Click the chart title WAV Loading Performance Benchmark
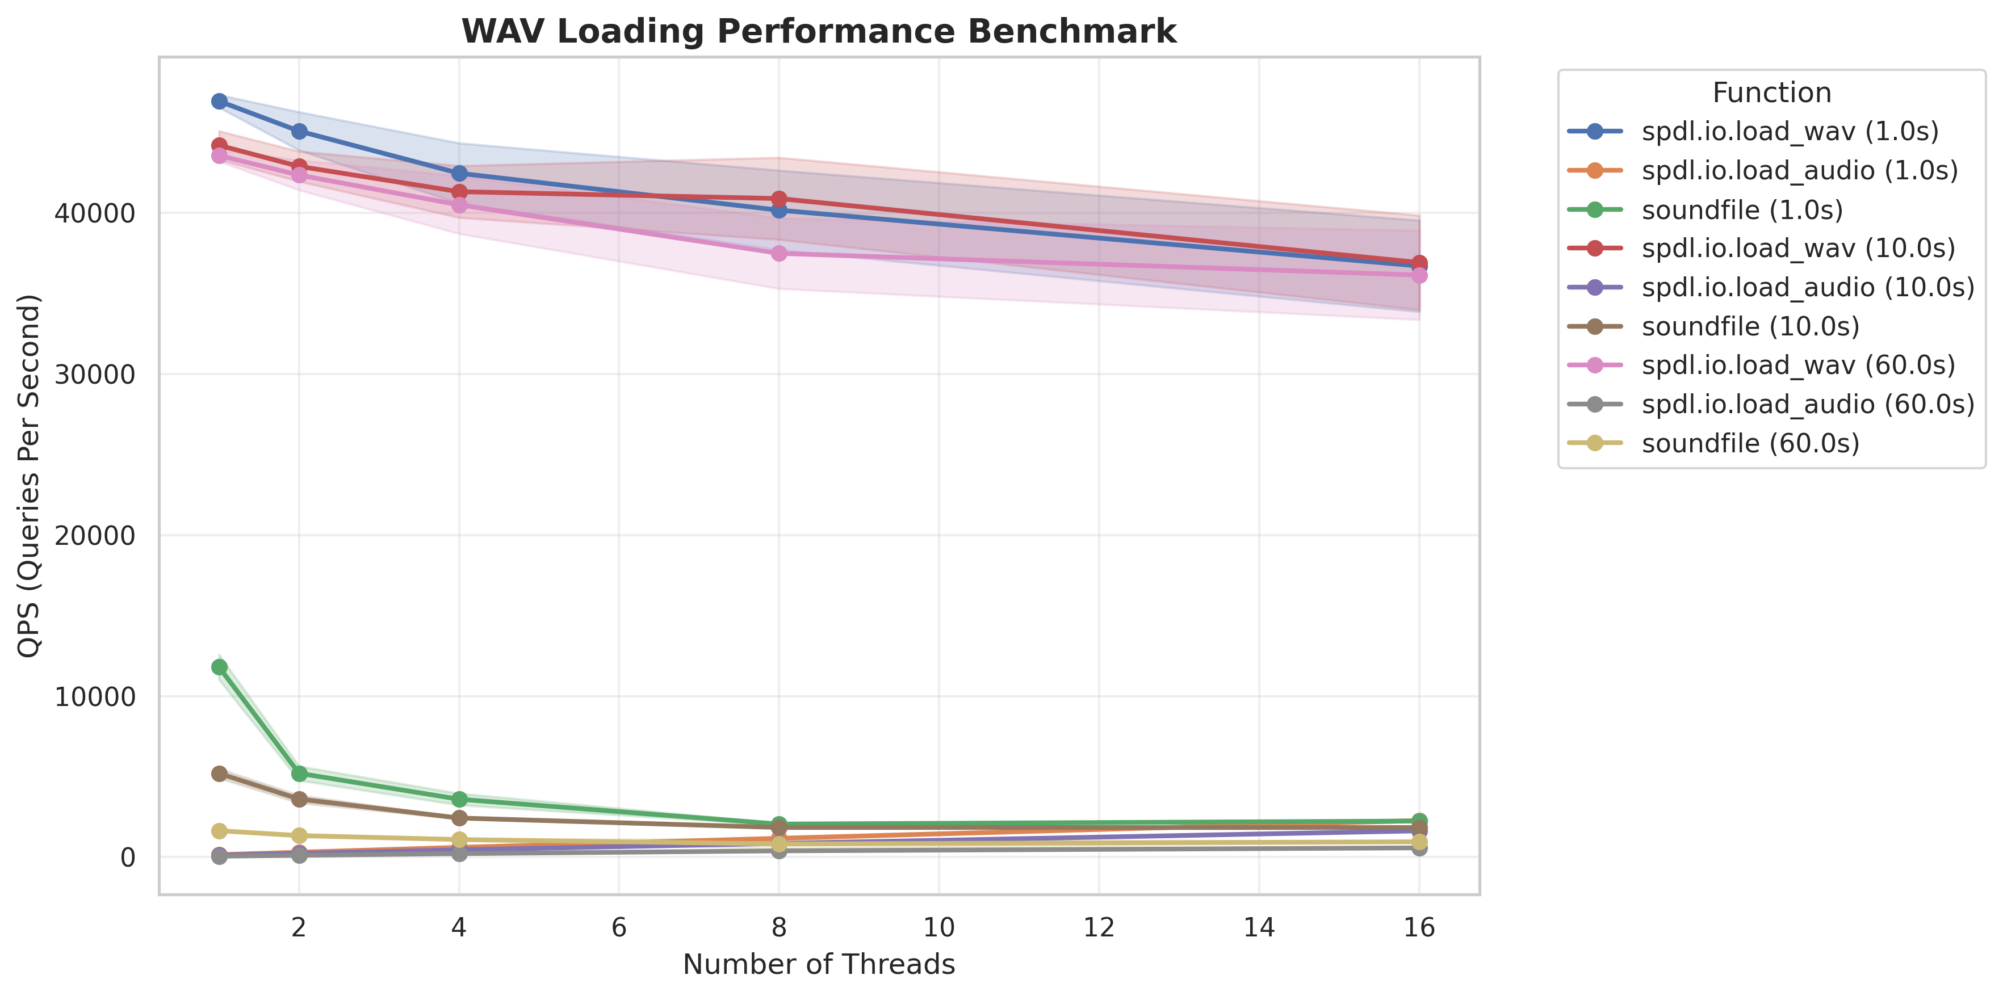point(819,32)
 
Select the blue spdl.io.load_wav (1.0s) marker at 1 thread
point(219,101)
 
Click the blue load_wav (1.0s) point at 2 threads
point(299,132)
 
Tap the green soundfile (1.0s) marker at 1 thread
point(219,667)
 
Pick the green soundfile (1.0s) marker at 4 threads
point(459,799)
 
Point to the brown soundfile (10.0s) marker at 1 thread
point(219,774)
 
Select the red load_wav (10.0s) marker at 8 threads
point(779,199)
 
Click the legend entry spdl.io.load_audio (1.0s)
point(1799,170)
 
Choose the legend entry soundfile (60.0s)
point(1750,443)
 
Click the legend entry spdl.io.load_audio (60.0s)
point(1808,404)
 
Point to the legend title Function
point(1771,93)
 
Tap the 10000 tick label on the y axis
point(95,697)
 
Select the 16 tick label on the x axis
point(1419,927)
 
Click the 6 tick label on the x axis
point(619,927)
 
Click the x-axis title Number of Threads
point(819,964)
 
